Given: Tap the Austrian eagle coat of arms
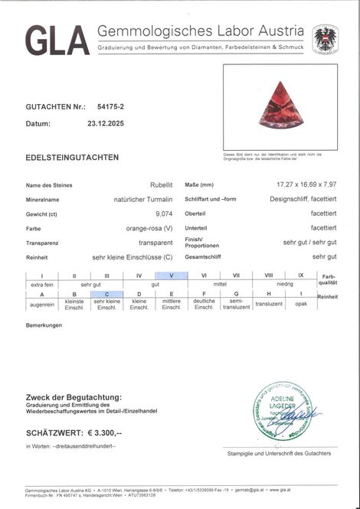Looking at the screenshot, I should pos(325,38).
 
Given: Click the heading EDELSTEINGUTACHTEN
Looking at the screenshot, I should pos(72,158).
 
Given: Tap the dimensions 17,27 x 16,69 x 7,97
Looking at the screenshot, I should pos(306,186).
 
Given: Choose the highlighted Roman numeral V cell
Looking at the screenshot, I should pos(172,275).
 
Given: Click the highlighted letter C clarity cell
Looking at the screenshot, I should pos(107,294).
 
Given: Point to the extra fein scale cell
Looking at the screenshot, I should pos(42,284).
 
